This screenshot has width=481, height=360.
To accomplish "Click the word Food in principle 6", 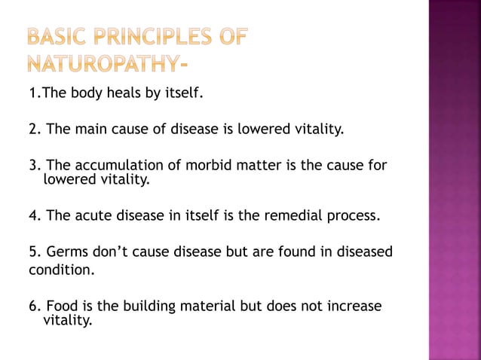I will point(61,306).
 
